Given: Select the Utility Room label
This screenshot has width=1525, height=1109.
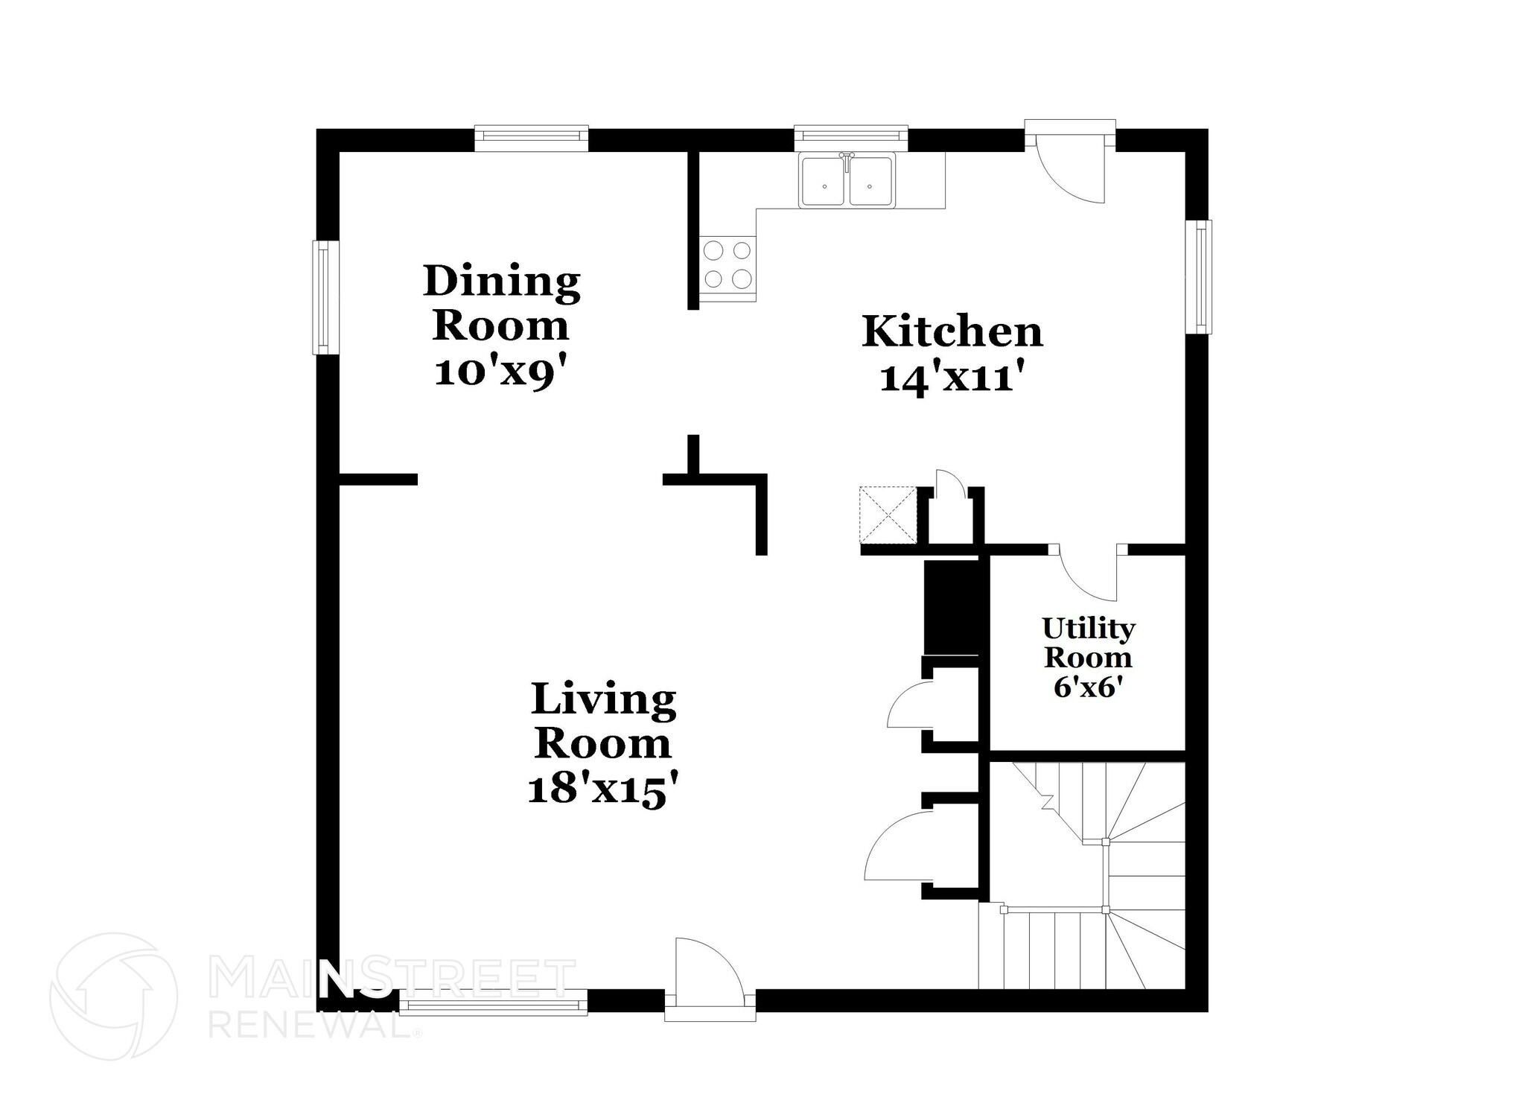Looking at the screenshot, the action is [x=1088, y=643].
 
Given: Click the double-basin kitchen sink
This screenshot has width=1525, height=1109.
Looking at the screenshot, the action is [x=847, y=180].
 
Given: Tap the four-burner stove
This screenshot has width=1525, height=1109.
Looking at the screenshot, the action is [x=728, y=264].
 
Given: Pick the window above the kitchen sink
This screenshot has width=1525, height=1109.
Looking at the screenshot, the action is [x=851, y=137].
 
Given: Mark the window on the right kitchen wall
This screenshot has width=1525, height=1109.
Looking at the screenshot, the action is [x=1198, y=276].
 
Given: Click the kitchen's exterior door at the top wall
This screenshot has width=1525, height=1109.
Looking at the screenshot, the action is [x=1070, y=159].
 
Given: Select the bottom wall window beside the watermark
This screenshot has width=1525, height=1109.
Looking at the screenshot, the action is [x=493, y=1002].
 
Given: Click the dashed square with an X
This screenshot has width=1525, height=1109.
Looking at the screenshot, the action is [x=888, y=515].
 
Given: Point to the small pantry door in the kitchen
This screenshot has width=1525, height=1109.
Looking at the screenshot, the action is [x=951, y=485].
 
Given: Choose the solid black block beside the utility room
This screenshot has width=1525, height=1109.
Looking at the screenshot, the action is [x=950, y=608].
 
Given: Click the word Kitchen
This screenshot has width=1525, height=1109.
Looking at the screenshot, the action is [x=952, y=332].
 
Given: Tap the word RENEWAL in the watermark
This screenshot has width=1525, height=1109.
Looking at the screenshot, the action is [x=313, y=1026].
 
